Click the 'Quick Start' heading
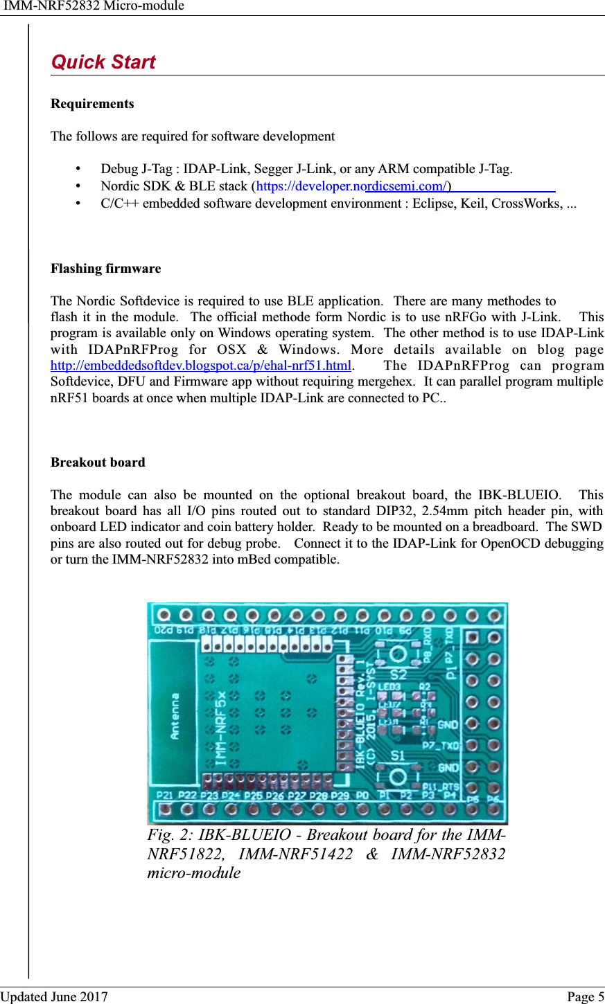[x=103, y=62]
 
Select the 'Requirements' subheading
[x=92, y=104]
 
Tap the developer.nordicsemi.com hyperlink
[x=352, y=186]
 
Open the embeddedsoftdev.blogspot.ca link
[x=201, y=365]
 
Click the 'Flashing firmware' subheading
[x=105, y=269]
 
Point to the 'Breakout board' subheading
[x=98, y=463]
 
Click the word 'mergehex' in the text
[x=389, y=382]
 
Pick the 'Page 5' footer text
[x=585, y=996]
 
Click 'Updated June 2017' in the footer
[x=54, y=996]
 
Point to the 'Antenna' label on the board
[x=175, y=715]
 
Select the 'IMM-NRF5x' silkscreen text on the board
[x=220, y=727]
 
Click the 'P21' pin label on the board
[x=165, y=796]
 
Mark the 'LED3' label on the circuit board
[x=389, y=687]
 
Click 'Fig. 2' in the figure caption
[x=166, y=835]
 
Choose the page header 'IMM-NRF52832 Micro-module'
[x=94, y=6]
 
